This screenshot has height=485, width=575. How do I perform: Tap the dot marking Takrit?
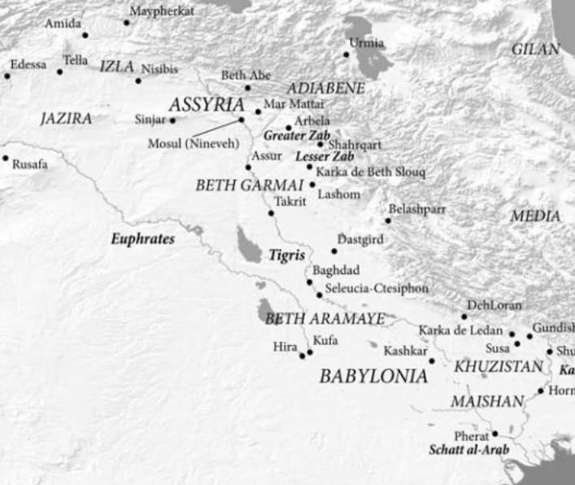(272, 213)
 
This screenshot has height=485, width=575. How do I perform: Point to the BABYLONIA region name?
(373, 376)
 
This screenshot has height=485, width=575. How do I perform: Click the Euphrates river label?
(143, 240)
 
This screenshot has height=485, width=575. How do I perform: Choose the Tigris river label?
(286, 255)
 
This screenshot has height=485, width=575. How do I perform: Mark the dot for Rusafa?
(5, 158)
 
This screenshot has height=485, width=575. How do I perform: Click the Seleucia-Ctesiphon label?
(377, 289)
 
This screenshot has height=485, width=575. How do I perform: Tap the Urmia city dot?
(346, 55)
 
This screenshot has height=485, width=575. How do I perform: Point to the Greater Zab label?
(290, 135)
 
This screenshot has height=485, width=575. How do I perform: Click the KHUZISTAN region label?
(498, 367)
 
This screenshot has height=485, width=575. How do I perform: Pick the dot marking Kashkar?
(432, 360)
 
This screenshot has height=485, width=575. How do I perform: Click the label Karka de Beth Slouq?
(371, 173)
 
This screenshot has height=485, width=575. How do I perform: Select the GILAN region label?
(536, 50)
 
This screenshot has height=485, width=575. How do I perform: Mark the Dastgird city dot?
(333, 251)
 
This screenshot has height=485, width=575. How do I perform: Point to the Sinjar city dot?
(172, 120)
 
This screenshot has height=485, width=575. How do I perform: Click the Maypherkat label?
(163, 11)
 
